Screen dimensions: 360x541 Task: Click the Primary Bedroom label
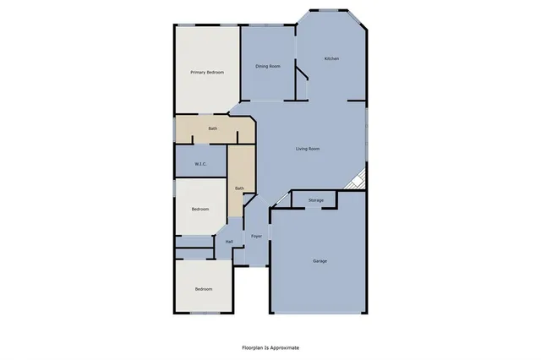click(207, 73)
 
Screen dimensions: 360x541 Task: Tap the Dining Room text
click(268, 66)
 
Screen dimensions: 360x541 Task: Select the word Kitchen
click(331, 58)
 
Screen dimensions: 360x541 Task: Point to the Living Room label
click(307, 150)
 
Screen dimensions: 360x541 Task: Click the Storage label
click(315, 200)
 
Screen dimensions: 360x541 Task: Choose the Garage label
click(320, 261)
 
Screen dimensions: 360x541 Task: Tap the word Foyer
click(256, 236)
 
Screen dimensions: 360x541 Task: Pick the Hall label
click(229, 243)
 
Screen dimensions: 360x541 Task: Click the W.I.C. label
click(201, 164)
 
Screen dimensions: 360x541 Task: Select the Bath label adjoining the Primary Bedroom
click(213, 128)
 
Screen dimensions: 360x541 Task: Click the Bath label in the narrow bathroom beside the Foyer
click(239, 188)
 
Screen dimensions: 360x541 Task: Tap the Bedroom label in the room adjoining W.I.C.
click(200, 209)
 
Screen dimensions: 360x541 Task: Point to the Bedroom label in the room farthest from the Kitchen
click(204, 290)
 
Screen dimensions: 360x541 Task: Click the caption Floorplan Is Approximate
click(270, 347)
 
